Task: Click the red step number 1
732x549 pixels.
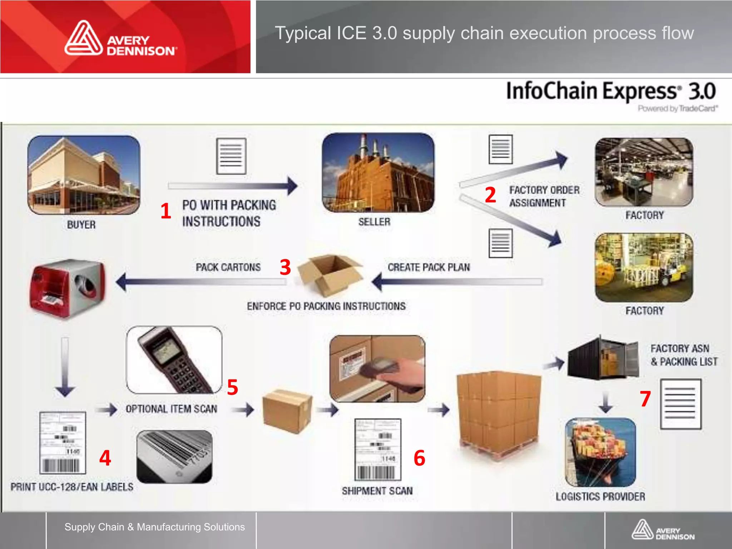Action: point(165,211)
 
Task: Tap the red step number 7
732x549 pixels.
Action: point(645,399)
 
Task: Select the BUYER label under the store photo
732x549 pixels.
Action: point(81,225)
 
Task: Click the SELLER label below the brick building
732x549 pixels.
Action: point(374,222)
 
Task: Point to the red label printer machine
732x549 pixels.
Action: point(68,288)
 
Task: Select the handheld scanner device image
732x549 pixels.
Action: point(174,360)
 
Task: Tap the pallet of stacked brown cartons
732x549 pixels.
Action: point(499,415)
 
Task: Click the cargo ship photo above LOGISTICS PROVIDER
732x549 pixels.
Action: point(600,452)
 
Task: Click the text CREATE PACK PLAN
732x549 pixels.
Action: point(429,267)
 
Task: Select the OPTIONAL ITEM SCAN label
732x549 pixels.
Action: point(172,409)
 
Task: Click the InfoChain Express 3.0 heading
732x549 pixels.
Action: point(611,91)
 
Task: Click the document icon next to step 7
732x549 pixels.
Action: point(681,404)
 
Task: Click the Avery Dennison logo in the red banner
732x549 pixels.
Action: point(121,39)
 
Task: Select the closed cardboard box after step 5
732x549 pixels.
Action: point(287,411)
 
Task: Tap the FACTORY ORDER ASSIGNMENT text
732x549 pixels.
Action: point(544,196)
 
